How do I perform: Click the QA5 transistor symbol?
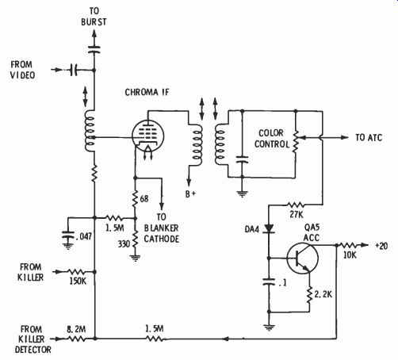coord(302,259)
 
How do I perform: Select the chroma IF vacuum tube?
coord(147,136)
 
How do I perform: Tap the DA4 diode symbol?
coord(270,228)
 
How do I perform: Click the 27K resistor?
coord(296,205)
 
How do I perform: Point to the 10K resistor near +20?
coord(349,246)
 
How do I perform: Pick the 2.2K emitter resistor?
coord(309,295)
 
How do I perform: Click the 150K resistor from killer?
coord(76,272)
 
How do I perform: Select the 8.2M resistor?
coord(76,339)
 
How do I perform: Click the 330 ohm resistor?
coord(135,239)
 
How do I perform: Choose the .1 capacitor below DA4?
coord(270,281)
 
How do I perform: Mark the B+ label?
coord(191,193)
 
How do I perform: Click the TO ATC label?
coord(369,137)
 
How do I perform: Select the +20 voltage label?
coord(381,246)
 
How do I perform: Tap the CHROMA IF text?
coord(147,92)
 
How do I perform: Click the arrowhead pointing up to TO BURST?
coord(94,34)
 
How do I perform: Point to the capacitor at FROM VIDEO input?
coord(74,70)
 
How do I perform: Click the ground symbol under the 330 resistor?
coord(135,258)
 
